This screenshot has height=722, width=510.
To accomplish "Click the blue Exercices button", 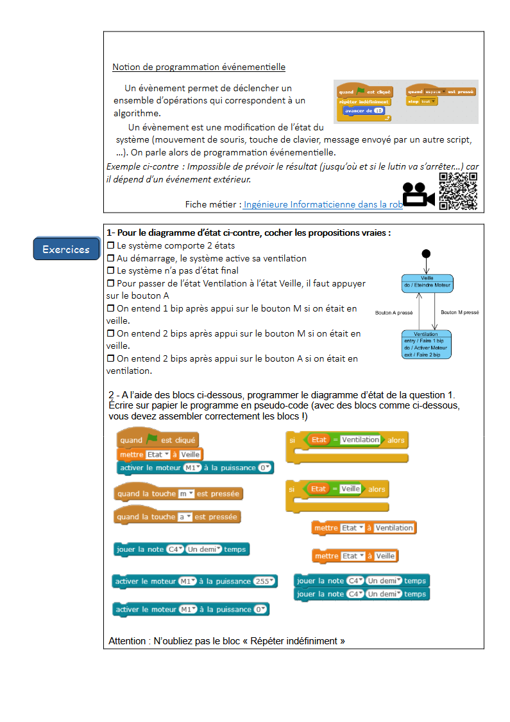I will coord(66,249).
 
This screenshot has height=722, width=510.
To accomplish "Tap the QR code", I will coord(458,191).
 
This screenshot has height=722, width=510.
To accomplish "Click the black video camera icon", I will coord(418,195).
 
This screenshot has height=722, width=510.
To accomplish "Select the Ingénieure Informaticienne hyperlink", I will coord(323,204).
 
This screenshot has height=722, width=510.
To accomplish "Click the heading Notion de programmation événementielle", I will coord(199,67).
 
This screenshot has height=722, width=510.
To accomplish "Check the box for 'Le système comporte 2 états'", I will coord(110,245).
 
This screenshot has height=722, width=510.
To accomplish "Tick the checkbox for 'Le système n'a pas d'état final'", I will coord(110,270).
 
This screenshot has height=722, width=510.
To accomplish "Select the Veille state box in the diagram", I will coord(427,282).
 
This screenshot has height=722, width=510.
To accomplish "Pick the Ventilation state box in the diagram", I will coord(427,344).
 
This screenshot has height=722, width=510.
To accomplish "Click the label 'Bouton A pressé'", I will coord(393,313).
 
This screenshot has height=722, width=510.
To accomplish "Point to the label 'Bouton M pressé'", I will coord(459,312).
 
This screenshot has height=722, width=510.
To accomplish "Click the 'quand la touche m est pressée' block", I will coord(178,493).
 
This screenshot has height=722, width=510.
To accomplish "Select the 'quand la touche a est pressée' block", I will coord(177,516).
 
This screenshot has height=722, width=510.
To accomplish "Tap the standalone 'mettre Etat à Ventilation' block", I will coord(364,528).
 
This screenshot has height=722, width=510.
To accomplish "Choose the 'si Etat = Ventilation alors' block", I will coord(346,441).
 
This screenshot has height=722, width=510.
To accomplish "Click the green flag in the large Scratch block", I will coord(152,439).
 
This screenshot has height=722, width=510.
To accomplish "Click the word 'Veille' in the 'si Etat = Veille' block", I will coord(350,489).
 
